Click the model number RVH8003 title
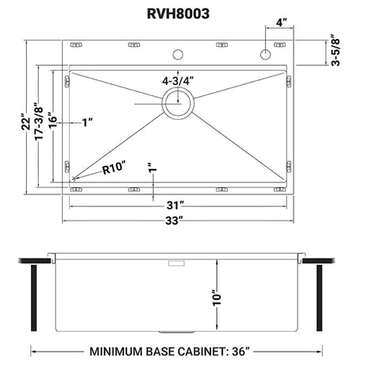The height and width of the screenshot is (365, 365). coord(182,14)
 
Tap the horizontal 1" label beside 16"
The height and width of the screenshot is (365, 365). coord(87,122)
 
